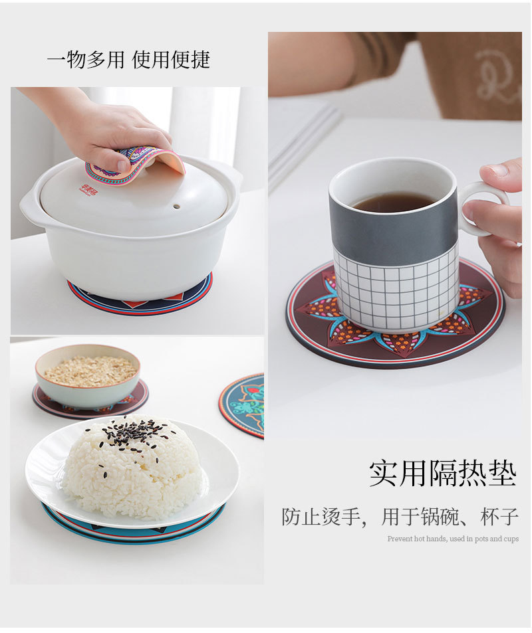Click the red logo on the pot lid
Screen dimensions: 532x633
[89, 190]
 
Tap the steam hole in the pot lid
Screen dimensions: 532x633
[176, 207]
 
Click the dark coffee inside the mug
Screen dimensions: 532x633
[394, 201]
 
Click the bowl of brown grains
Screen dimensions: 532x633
[88, 375]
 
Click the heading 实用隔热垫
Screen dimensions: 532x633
[443, 473]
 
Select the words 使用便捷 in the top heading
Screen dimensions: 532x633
[171, 60]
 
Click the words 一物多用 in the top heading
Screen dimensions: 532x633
[85, 60]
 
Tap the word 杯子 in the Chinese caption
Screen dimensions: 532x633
[499, 516]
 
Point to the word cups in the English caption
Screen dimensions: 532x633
[511, 539]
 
